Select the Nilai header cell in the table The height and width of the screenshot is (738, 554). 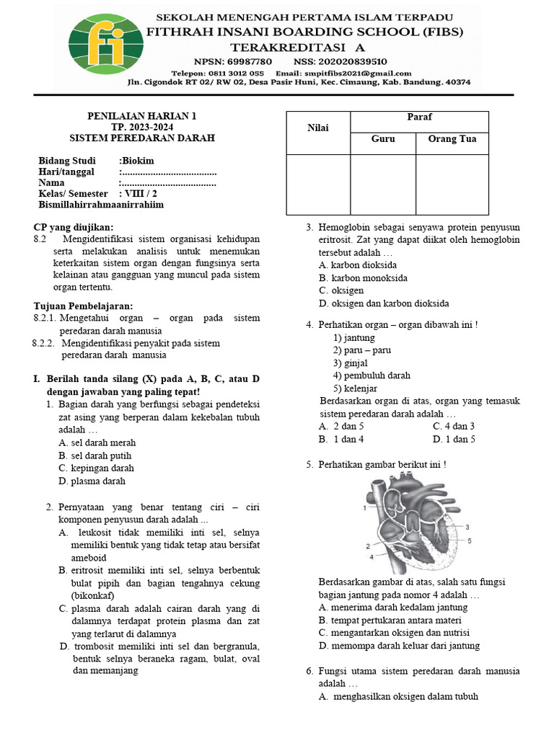click(318, 128)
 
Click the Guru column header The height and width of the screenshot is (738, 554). click(383, 139)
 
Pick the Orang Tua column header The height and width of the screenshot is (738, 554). click(452, 139)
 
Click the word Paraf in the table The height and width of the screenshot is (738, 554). click(419, 117)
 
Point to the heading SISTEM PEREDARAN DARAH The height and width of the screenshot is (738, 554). click(142, 138)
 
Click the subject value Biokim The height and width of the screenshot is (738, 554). click(137, 161)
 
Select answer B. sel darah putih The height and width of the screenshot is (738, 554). click(95, 455)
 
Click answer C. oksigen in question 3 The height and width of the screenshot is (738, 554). click(342, 290)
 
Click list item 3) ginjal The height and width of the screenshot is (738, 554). click(350, 363)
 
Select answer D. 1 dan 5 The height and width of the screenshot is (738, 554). click(454, 439)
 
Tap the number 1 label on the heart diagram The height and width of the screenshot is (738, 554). click(365, 508)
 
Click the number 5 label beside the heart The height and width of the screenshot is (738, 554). click(469, 540)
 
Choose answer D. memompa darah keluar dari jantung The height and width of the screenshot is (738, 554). click(399, 646)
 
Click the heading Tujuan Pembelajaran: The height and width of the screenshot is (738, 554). click(83, 306)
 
